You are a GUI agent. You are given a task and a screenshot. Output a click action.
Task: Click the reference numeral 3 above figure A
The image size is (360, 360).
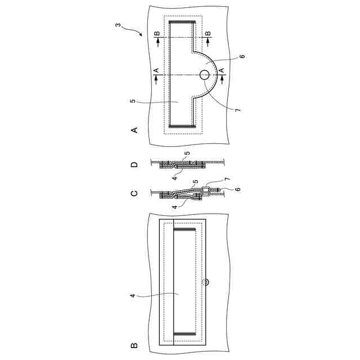click(118, 25)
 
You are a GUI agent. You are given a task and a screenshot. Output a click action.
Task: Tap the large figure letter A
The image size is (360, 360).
click(134, 130)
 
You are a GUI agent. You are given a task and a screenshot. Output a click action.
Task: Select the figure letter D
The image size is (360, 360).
click(134, 165)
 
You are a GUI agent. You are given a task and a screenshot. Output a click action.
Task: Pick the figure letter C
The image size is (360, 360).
click(134, 193)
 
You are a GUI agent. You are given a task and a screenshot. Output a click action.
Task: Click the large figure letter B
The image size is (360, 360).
click(134, 345)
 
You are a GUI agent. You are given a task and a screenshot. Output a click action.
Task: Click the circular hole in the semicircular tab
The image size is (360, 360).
click(204, 75)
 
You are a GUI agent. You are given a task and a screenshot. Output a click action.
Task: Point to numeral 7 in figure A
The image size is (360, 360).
click(238, 110)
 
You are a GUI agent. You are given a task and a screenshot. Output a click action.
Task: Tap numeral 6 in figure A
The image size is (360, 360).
click(242, 56)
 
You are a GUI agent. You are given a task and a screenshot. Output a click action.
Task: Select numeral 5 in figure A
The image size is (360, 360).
click(133, 101)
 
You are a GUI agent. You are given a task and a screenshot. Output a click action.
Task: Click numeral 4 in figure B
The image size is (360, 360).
click(133, 295)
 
